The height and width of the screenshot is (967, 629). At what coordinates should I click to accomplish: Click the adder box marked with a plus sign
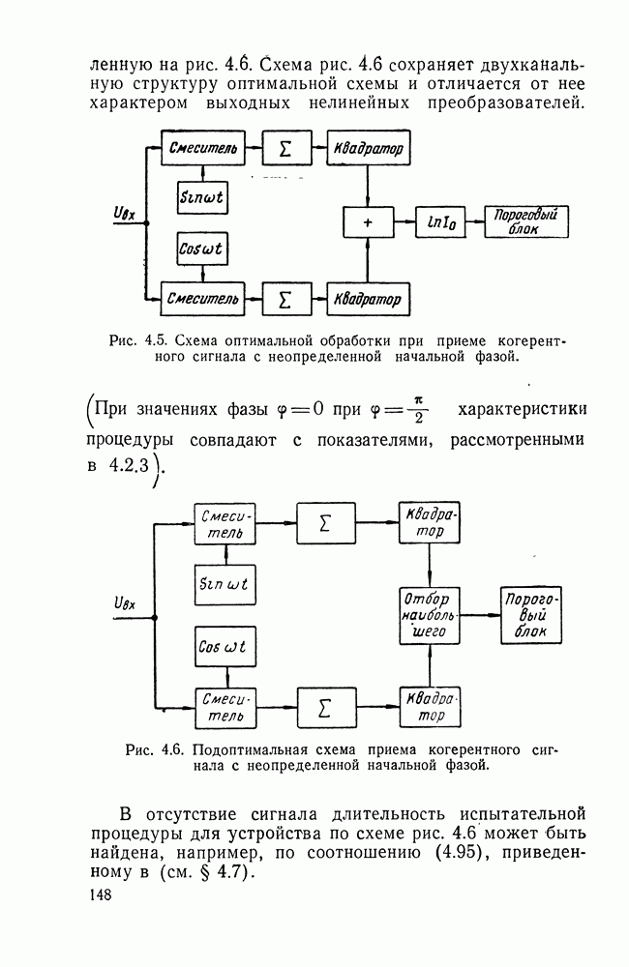367,221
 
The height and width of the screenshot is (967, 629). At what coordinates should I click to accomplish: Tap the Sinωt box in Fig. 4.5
202,196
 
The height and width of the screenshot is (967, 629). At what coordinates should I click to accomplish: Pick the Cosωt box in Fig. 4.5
202,249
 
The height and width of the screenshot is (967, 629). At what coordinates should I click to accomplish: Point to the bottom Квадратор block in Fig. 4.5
369,298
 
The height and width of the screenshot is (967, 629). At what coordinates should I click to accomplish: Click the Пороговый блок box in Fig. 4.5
527,222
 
